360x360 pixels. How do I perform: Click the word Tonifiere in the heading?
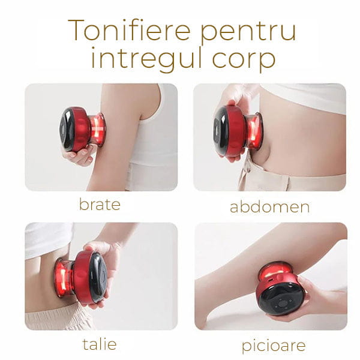coord(129,30)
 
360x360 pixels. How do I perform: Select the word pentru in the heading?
coord(248,32)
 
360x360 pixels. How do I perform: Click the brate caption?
coord(100,204)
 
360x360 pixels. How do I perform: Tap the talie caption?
coord(100,344)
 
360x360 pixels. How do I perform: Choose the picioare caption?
coord(274,346)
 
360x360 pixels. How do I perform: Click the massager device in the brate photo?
coord(82,129)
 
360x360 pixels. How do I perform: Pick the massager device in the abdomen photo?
coord(238,131)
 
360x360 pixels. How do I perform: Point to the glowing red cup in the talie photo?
coord(64,278)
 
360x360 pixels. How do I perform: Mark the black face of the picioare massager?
coord(281,299)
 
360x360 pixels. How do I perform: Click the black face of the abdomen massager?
coord(220,131)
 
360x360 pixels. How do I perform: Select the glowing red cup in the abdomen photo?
coord(254,131)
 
